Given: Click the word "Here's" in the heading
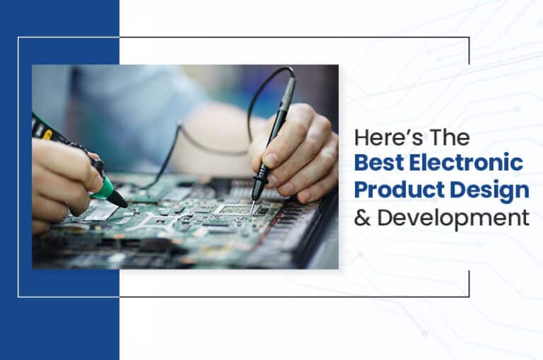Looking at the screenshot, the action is click(x=388, y=137).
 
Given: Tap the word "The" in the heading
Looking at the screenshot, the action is click(x=450, y=137).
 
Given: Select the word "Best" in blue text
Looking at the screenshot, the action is click(x=379, y=163).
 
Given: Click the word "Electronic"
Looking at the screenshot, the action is click(x=466, y=163).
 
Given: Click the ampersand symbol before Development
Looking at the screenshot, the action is click(x=362, y=219).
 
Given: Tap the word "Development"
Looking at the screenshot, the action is click(x=453, y=219).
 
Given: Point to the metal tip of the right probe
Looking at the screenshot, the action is click(x=253, y=207).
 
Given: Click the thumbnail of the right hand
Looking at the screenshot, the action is click(x=271, y=161).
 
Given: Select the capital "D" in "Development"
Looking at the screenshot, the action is click(x=385, y=218).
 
